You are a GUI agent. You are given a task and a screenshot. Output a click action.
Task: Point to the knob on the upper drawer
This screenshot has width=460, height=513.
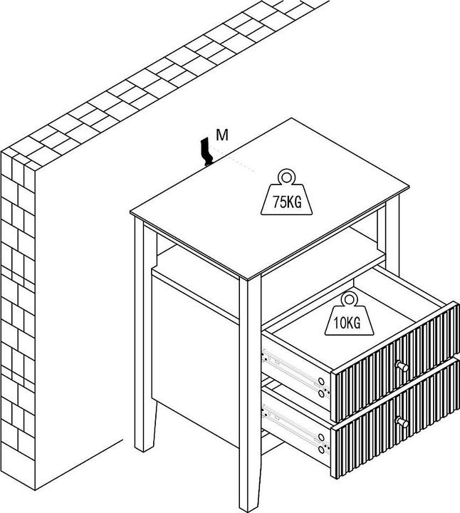point(403,366)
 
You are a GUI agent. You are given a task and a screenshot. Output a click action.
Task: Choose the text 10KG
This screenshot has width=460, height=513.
point(346,322)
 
